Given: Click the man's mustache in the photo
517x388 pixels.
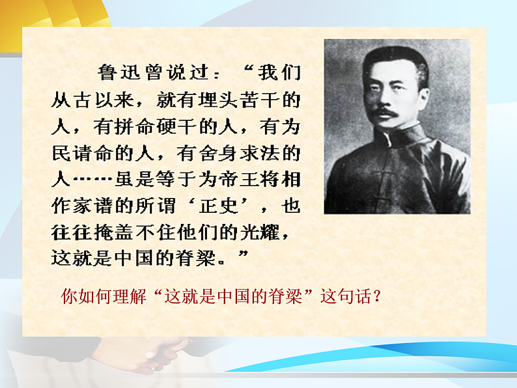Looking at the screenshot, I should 385,113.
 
